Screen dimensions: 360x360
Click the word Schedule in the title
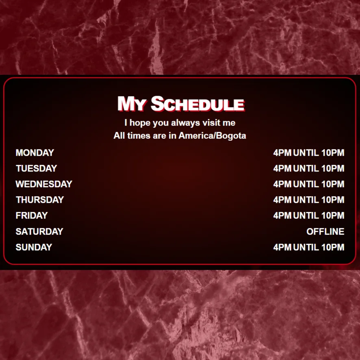(x=198, y=104)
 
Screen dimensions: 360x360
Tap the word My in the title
(x=132, y=104)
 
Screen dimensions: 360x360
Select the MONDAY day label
(x=35, y=153)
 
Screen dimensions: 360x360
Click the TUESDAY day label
(x=36, y=168)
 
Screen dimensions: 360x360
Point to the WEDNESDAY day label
(x=44, y=184)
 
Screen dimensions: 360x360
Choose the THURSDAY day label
(x=40, y=200)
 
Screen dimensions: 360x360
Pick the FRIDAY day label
(x=32, y=215)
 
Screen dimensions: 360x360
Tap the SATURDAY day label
(x=39, y=232)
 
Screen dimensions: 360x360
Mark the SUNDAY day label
(x=34, y=247)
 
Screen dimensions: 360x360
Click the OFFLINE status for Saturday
(x=325, y=232)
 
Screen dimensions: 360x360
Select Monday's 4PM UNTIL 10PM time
(x=309, y=153)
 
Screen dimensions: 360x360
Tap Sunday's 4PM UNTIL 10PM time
(x=309, y=247)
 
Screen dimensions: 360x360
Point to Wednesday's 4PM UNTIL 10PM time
(x=309, y=184)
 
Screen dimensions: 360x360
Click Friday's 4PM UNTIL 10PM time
(x=309, y=215)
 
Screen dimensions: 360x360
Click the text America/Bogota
(x=213, y=136)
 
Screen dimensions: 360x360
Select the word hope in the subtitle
(x=140, y=123)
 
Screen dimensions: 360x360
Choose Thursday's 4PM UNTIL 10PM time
(x=309, y=200)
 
